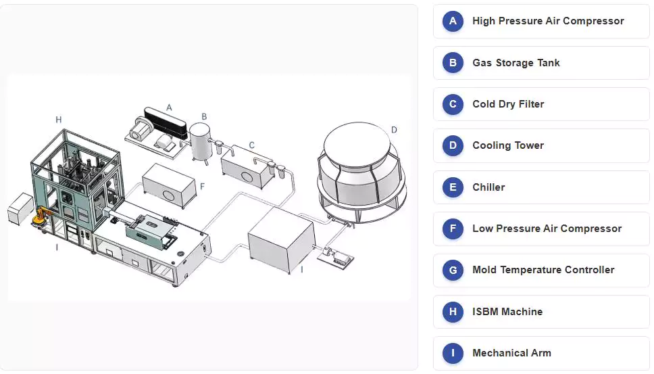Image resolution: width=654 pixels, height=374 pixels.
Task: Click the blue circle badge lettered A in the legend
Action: coord(453,21)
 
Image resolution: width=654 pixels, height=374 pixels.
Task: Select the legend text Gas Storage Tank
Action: coord(515,63)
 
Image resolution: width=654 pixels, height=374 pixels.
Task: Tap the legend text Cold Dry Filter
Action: coord(507,104)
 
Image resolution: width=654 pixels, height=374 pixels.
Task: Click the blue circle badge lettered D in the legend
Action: coord(453,145)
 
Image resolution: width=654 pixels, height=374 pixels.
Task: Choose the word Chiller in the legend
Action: coord(488,187)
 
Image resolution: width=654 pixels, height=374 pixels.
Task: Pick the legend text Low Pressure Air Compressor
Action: coord(547,229)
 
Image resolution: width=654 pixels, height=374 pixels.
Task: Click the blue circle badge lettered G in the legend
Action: coord(453,270)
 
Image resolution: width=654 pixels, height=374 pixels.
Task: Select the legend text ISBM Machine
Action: coord(507,312)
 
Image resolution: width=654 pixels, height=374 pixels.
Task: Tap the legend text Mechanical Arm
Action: coord(511,353)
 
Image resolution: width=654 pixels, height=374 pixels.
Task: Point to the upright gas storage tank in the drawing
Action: coord(200,139)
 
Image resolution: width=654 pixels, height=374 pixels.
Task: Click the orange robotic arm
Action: coord(41,216)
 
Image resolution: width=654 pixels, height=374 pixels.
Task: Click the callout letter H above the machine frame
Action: coord(59,120)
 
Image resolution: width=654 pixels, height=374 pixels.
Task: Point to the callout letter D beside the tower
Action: coord(394,129)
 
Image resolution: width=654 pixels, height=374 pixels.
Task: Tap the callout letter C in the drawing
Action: coord(252,145)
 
